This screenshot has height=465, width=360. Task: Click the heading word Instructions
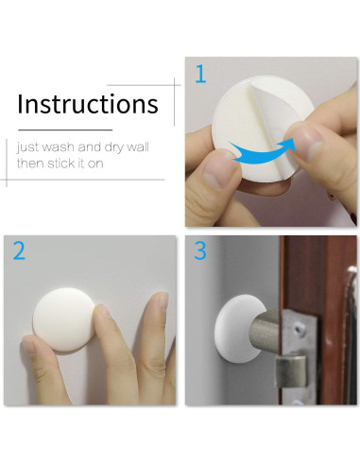point(88,104)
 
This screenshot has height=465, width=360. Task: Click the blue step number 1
point(199,75)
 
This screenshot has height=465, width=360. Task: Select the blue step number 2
point(19,251)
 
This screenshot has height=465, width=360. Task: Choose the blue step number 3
point(199,251)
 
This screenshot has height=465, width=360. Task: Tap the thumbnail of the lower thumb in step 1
point(220,175)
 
